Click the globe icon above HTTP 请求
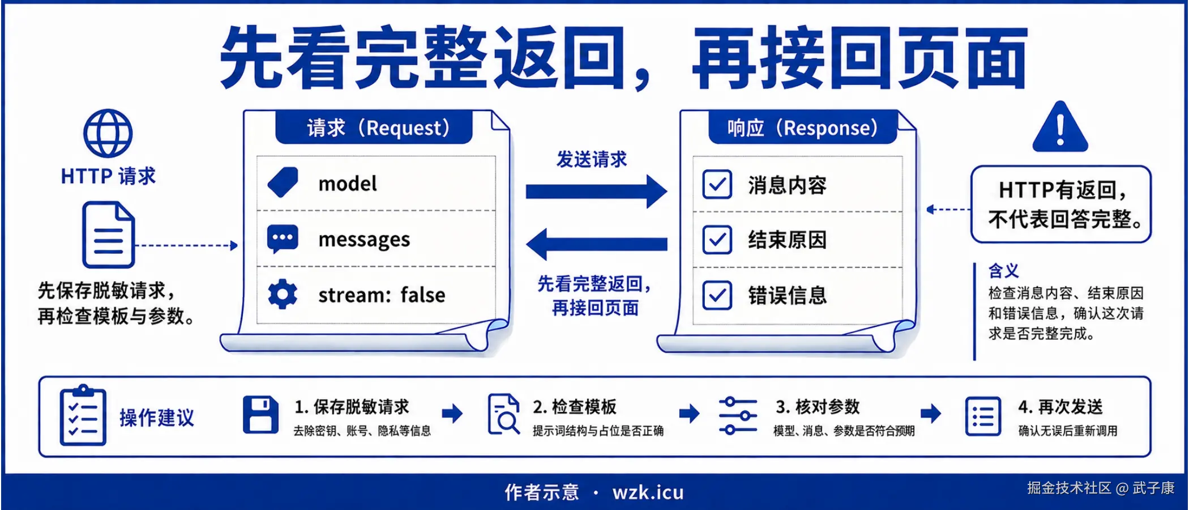coord(108,133)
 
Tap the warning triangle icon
coord(1060,127)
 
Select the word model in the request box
coord(348,184)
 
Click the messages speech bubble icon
coord(283,239)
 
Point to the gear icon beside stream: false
coord(283,294)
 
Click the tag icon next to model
coord(283,182)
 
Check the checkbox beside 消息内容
coord(717,185)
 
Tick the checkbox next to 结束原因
coord(717,240)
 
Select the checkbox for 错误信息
coord(717,295)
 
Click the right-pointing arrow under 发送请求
coord(596,192)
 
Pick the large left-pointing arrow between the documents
coord(596,244)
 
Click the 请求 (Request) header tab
coord(374,127)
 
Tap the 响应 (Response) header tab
coord(803,127)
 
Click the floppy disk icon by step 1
coord(260,415)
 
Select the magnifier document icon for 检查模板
coord(503,414)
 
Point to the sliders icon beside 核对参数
coord(738,415)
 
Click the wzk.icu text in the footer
coord(648,492)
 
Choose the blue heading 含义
coord(1003,271)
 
